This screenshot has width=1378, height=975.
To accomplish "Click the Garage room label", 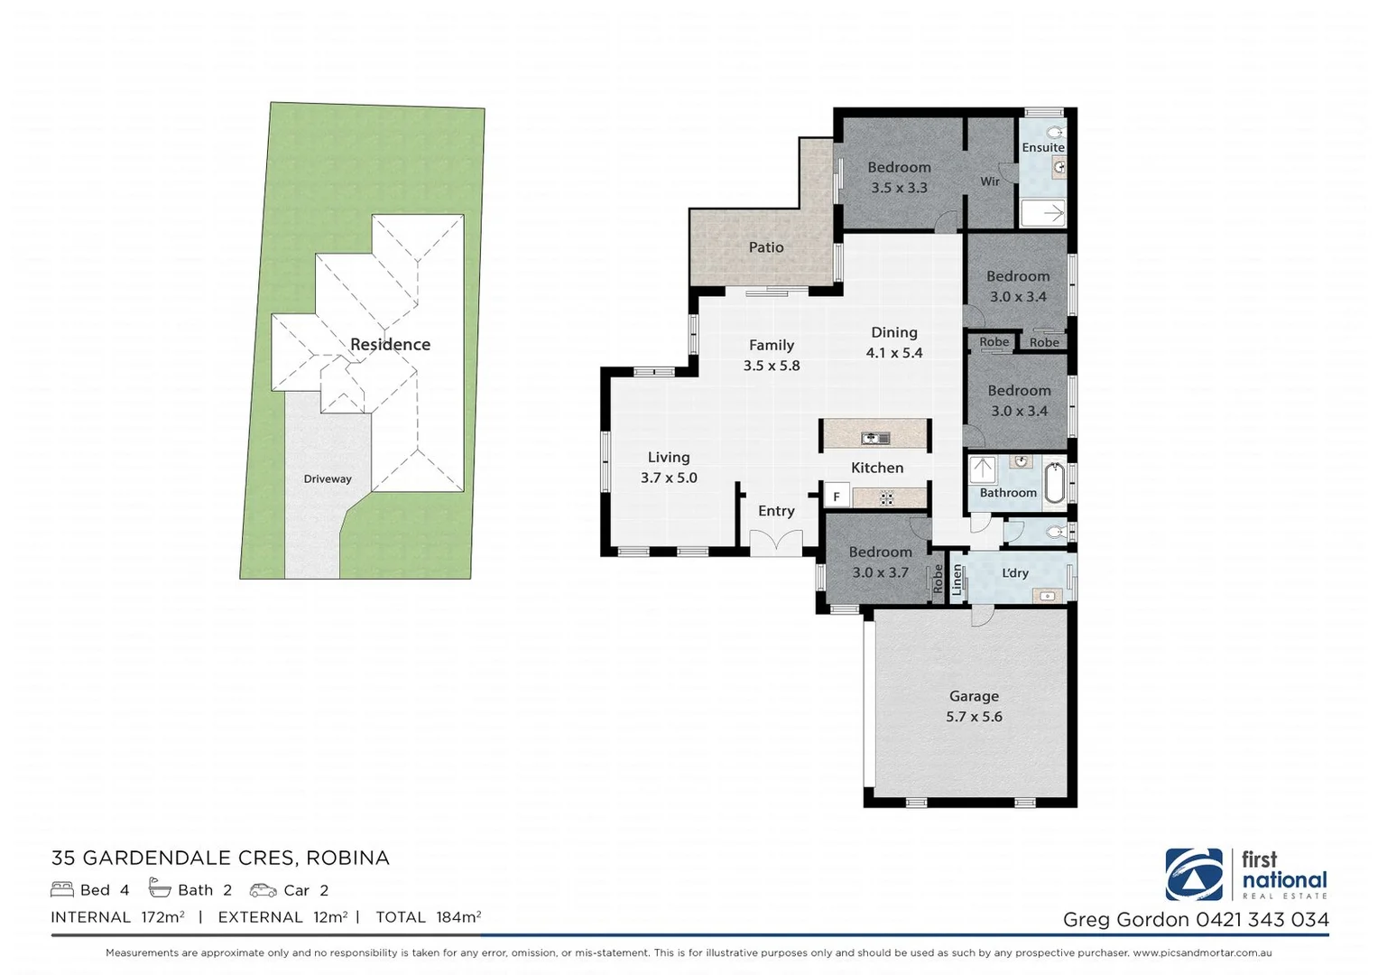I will tap(974, 696).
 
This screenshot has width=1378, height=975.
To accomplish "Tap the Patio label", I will tap(765, 247).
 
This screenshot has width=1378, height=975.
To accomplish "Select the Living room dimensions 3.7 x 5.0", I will tap(669, 478).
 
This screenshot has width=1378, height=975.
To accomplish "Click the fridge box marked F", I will tap(837, 497).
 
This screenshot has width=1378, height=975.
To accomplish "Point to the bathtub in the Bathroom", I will tap(1054, 483).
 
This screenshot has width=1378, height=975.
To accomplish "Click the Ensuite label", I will tap(1043, 147).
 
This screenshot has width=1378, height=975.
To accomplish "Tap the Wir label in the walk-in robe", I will tap(990, 181).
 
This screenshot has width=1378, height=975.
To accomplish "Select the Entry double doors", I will tap(776, 543).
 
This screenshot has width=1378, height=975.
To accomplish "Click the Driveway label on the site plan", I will tap(328, 479).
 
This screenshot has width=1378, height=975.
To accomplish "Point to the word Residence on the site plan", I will tap(390, 345).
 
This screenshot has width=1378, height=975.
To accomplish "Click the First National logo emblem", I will tap(1194, 874).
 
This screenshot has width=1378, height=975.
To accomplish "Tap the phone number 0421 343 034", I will tap(1262, 920).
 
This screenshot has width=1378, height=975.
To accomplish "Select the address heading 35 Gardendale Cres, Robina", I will tap(220, 858).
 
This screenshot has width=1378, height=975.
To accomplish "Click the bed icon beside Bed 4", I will tap(62, 890).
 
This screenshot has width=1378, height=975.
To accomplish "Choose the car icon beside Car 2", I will tap(263, 890).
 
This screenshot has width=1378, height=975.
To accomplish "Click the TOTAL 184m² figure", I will tap(428, 917).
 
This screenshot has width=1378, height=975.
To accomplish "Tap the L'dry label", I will tap(1015, 573).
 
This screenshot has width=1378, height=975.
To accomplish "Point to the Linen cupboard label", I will tap(957, 579).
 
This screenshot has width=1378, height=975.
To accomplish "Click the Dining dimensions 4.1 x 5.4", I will tap(894, 353).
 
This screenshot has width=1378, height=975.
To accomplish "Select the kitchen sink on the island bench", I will tap(874, 439).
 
